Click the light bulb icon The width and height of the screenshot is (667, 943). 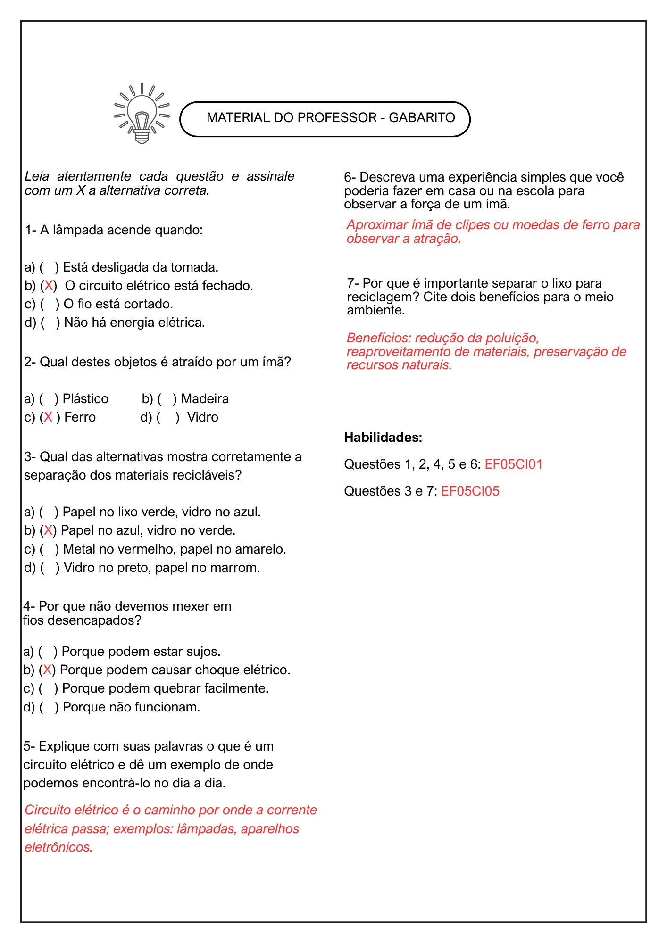(x=142, y=115)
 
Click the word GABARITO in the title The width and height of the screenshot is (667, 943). (x=422, y=118)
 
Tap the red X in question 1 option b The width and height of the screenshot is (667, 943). (x=48, y=286)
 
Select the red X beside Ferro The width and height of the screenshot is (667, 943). (x=48, y=417)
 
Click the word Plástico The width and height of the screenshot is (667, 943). (x=85, y=399)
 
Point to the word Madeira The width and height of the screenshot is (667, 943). (x=205, y=399)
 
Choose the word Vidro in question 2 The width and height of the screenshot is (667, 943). (x=202, y=417)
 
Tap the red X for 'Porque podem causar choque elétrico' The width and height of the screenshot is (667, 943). (x=47, y=670)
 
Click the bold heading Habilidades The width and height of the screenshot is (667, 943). (x=383, y=438)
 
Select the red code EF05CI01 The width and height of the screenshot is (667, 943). (x=513, y=464)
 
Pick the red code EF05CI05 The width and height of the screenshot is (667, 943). (x=470, y=491)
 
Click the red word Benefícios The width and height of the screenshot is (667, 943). (x=379, y=338)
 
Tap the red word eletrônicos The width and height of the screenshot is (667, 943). (x=58, y=847)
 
